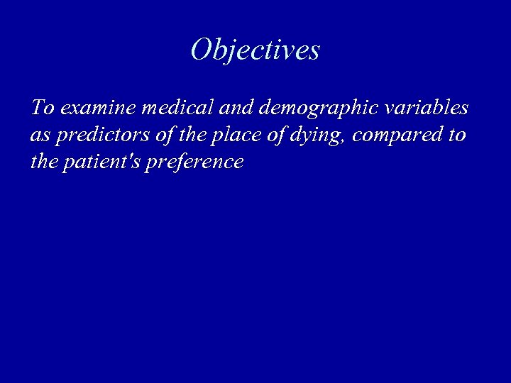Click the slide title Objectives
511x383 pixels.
(x=255, y=50)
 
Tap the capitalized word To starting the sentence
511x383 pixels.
(x=43, y=108)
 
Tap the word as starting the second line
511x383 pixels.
(x=38, y=135)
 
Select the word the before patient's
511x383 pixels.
(x=44, y=162)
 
